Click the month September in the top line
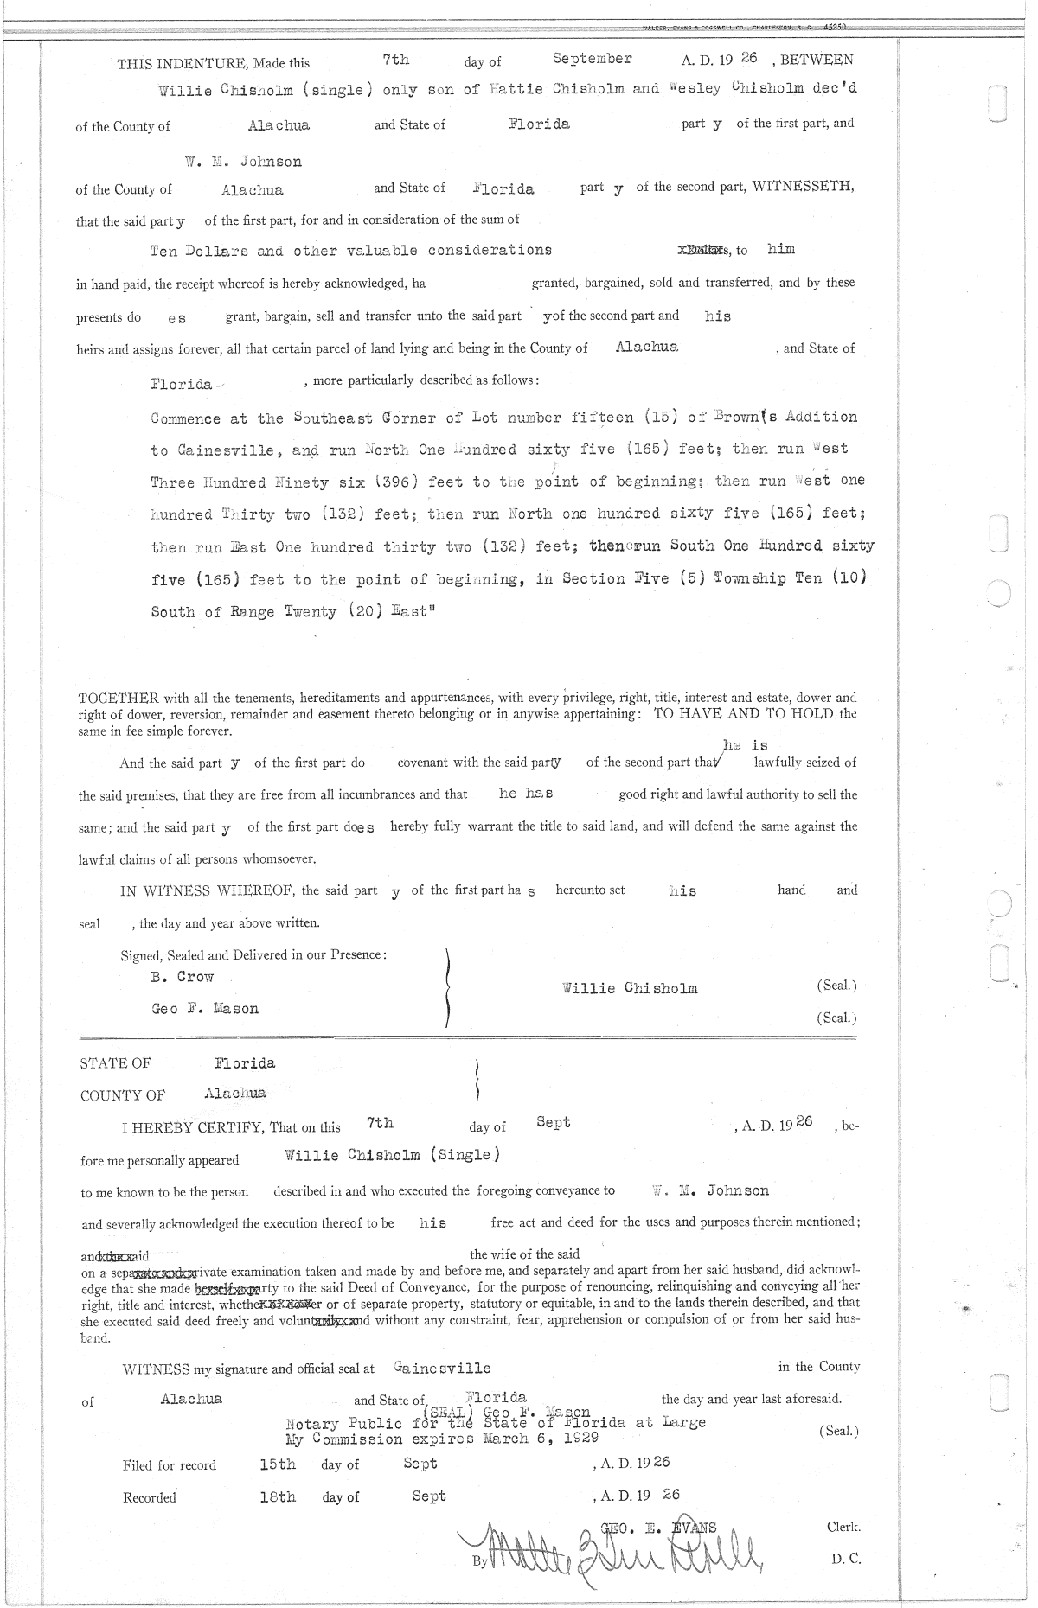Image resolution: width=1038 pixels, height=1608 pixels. coord(592,59)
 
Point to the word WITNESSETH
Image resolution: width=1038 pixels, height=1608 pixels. coord(803,188)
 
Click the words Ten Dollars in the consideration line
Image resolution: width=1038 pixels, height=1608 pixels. coord(199,252)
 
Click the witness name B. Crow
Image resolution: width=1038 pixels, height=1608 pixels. coord(182,977)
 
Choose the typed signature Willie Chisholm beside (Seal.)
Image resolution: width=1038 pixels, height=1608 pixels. coord(629,988)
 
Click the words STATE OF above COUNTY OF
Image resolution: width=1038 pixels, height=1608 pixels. coord(115,1063)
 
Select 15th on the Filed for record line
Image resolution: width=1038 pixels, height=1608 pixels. coord(278,1464)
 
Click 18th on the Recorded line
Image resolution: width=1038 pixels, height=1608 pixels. coord(278,1496)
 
